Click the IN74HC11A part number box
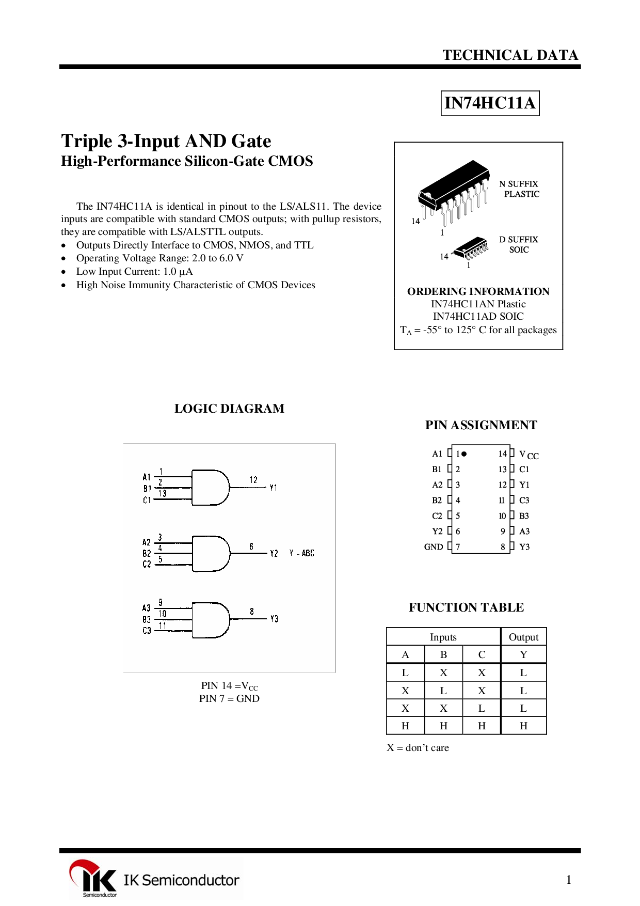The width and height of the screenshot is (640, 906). point(490,103)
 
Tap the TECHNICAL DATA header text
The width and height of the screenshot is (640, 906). point(510,55)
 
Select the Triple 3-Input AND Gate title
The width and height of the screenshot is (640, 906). point(166,141)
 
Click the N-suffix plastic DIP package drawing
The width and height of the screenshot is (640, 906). point(454,191)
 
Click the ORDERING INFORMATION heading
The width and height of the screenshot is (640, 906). point(478,291)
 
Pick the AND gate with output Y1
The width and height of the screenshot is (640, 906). point(211,488)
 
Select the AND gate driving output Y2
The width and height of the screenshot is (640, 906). point(211,553)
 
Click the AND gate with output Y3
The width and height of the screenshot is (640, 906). point(211,619)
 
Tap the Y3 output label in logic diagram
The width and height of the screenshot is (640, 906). point(274,619)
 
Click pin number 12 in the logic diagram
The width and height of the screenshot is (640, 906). point(253,480)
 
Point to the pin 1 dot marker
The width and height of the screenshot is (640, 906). point(464,454)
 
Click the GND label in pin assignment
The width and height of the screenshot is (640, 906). point(434,547)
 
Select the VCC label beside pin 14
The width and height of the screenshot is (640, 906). point(529,455)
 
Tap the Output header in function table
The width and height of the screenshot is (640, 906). point(523,637)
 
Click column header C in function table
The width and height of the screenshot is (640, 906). point(482,655)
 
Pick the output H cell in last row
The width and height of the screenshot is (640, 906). point(523,726)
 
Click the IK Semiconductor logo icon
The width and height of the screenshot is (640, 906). point(93,878)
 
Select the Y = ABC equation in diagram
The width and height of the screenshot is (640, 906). point(302,553)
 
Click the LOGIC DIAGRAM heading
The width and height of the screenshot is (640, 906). point(229,409)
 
